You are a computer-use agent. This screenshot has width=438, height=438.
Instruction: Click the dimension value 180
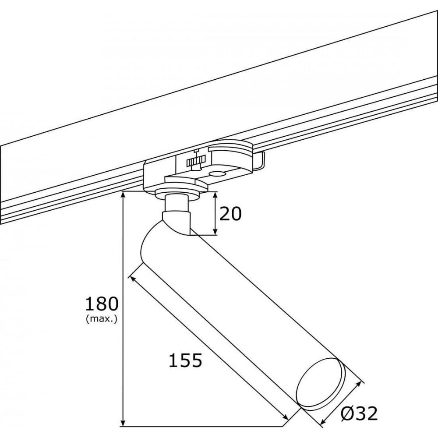[x=102, y=304]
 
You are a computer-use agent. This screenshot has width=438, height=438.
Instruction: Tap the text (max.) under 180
[x=102, y=319]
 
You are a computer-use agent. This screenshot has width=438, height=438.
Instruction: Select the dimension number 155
[x=185, y=360]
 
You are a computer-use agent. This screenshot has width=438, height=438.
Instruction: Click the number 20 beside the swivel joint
[x=230, y=214]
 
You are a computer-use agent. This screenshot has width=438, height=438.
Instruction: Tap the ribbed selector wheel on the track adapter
[x=196, y=162]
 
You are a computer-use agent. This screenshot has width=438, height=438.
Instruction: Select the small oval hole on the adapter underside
[x=218, y=174]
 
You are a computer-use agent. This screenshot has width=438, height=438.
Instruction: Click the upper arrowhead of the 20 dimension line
[x=215, y=195]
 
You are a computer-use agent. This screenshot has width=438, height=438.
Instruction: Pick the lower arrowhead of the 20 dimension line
[x=215, y=231]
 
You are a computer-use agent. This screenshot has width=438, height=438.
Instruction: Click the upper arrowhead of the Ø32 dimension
[x=358, y=385]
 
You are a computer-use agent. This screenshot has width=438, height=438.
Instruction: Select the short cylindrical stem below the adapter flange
[x=176, y=203]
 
